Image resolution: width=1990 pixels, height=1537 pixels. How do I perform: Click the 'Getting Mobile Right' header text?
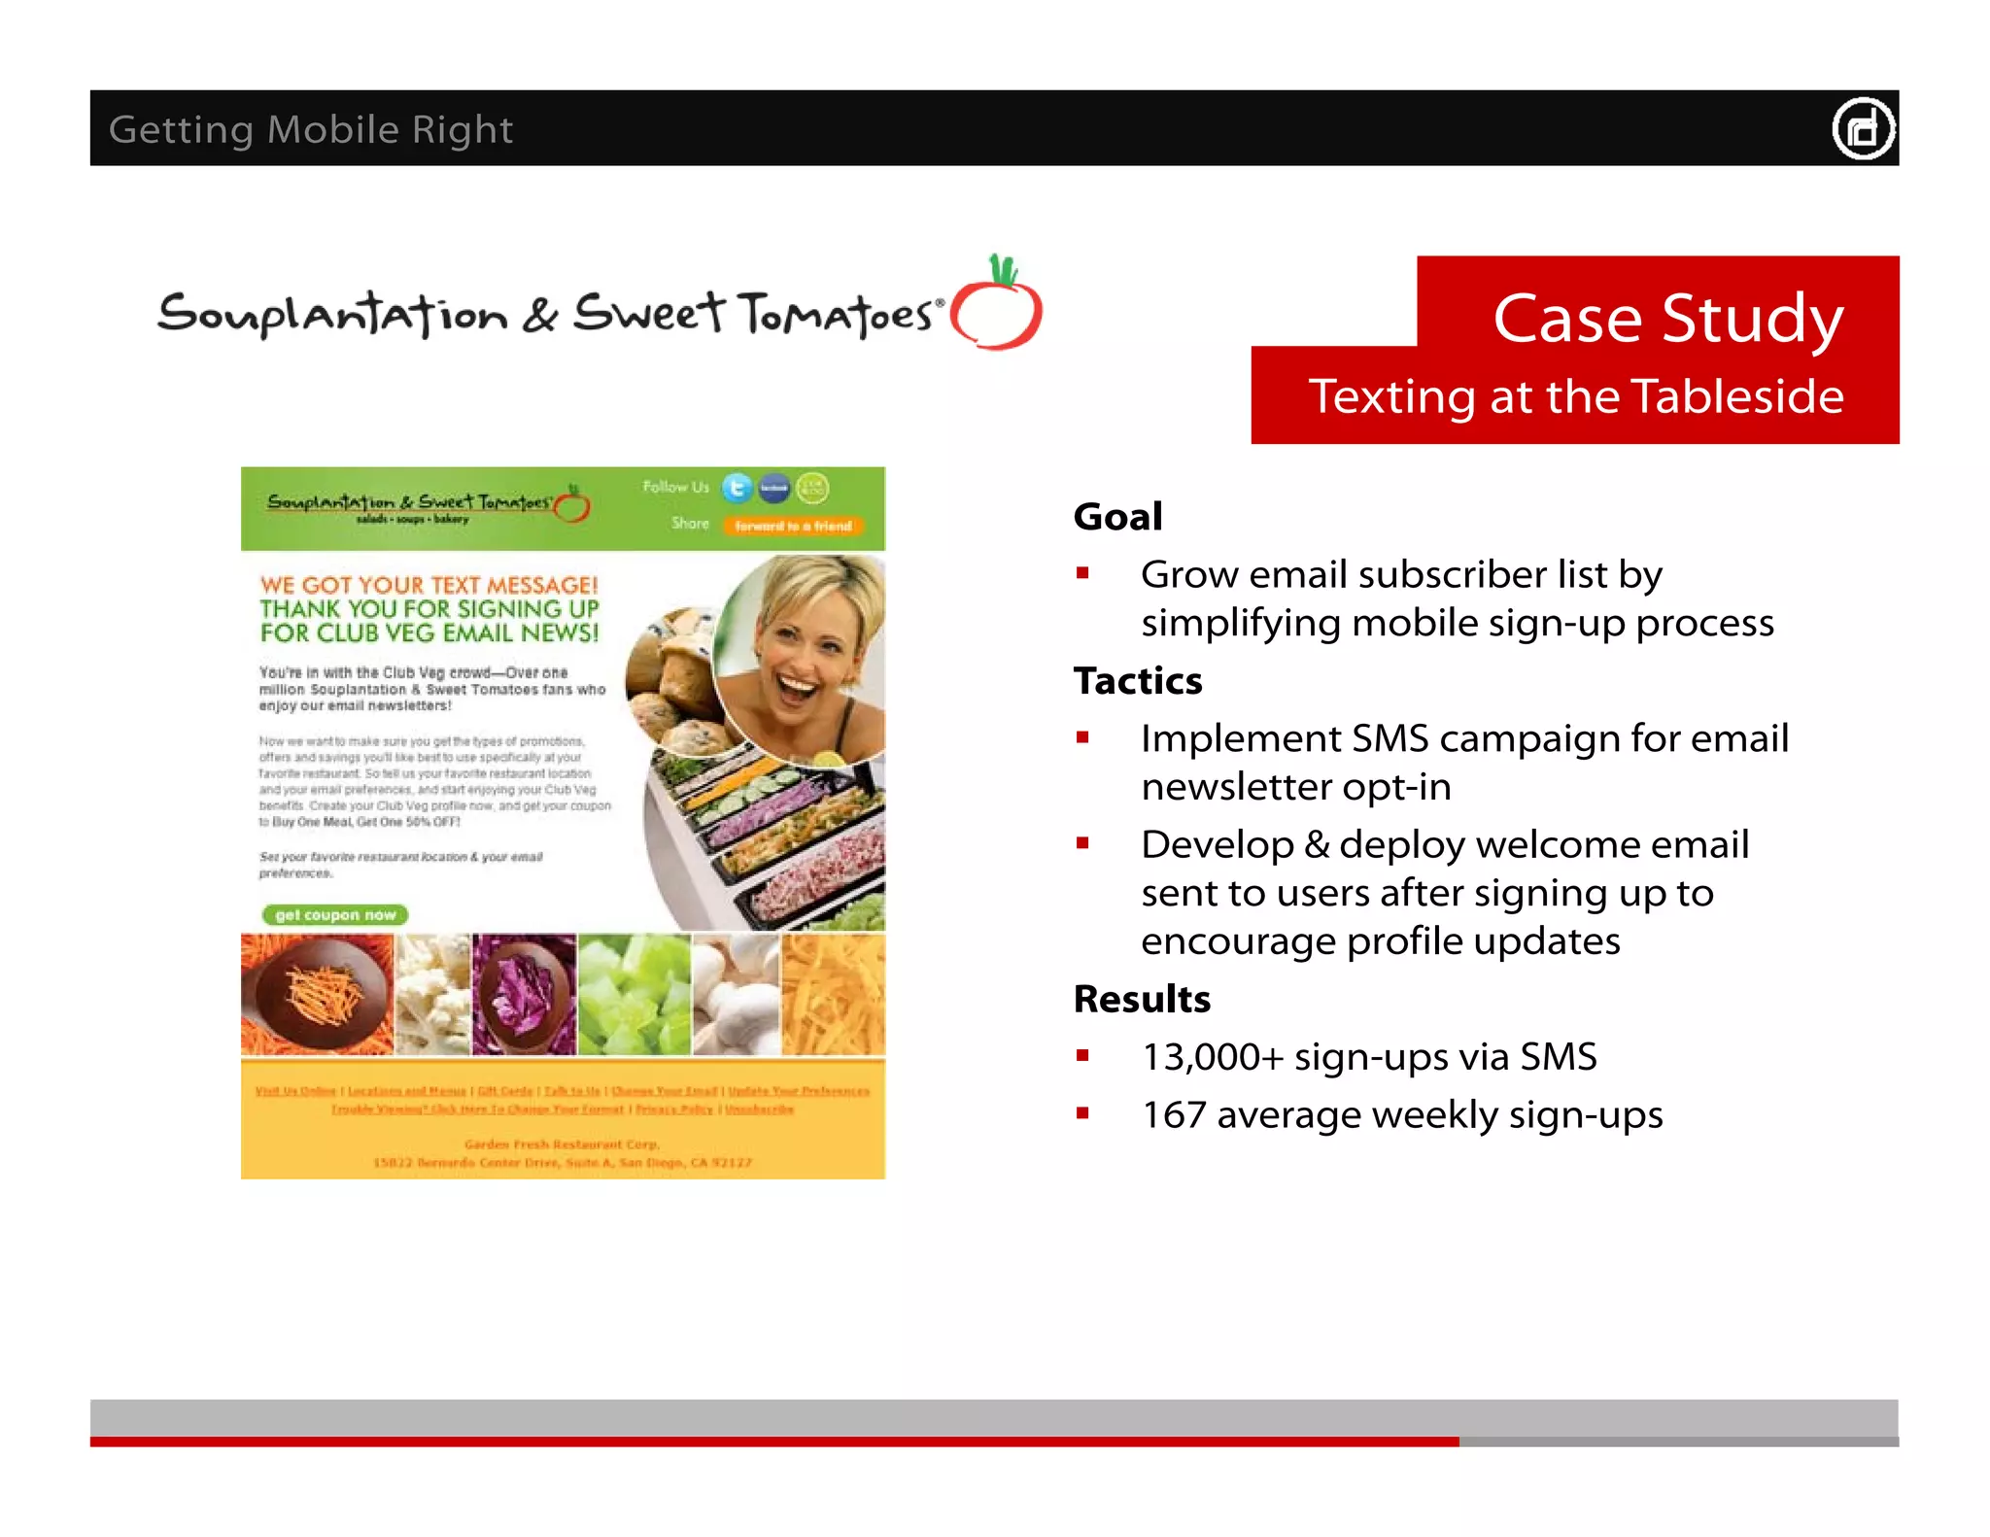click(310, 129)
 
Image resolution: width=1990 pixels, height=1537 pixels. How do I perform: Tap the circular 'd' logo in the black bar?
click(1863, 128)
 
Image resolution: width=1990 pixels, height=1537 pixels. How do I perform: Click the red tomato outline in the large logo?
click(997, 310)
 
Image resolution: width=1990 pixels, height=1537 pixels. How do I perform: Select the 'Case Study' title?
click(1667, 318)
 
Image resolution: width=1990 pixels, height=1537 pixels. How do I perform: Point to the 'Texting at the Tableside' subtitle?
click(1575, 396)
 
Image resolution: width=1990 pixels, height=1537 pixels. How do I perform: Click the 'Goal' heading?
click(1117, 517)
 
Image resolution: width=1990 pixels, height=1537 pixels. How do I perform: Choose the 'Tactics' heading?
click(1138, 681)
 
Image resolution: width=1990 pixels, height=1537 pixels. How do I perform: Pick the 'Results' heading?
click(1142, 999)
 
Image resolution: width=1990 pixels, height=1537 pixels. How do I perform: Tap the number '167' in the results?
click(1173, 1115)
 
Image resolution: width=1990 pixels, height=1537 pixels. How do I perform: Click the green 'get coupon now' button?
click(335, 915)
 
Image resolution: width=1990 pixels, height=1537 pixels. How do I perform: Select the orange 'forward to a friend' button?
click(793, 526)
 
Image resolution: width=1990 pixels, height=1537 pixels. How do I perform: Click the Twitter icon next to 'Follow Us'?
click(738, 488)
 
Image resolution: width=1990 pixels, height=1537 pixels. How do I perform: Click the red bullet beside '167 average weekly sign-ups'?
click(1082, 1113)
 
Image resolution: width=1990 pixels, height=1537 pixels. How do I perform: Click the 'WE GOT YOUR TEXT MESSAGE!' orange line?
click(429, 585)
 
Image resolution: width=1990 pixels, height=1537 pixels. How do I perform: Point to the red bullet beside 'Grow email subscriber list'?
click(1082, 573)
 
